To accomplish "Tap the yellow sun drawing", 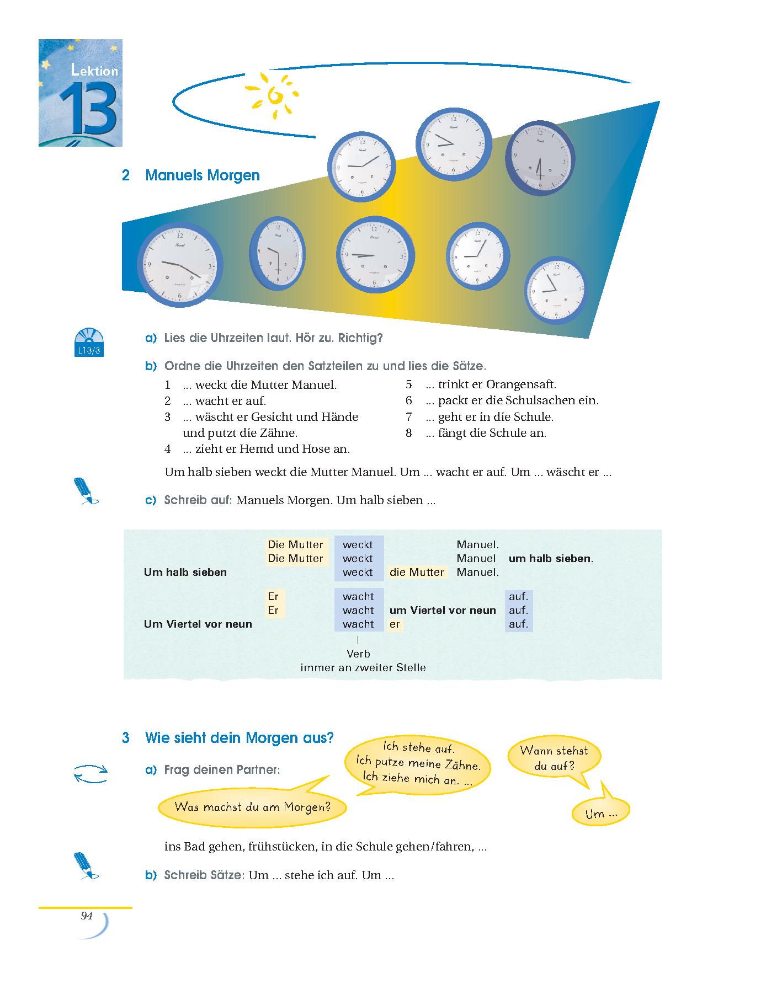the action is [272, 95].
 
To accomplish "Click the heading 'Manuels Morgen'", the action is [202, 175].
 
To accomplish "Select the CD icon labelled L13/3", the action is [89, 343].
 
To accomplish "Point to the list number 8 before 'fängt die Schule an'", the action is [408, 433].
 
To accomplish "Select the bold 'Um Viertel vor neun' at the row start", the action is [198, 624].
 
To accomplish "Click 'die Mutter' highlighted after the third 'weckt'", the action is [417, 573].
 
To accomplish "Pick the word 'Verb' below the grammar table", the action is [358, 654].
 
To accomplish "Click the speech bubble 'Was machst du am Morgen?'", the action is [252, 806].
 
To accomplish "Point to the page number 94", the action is [87, 916].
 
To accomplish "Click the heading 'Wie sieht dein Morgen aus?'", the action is [239, 738].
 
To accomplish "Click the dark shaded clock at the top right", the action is [540, 159].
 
